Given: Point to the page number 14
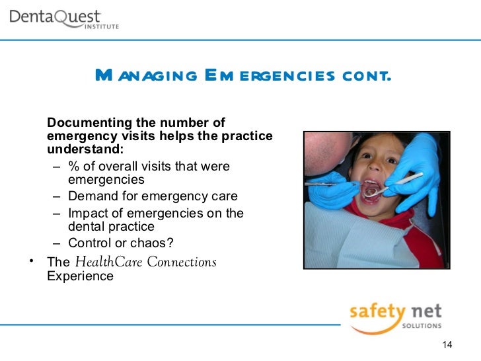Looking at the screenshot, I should (x=446, y=346).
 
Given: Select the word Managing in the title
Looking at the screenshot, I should (x=145, y=75).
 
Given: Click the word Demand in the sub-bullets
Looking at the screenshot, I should (x=91, y=196).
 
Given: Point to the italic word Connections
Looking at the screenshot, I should (x=182, y=262).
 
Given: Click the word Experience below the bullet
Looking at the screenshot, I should (x=81, y=276).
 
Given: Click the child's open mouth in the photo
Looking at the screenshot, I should (x=372, y=190).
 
